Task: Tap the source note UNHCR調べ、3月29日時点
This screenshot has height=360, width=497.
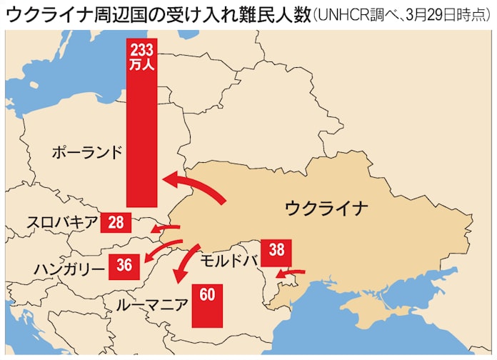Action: (400, 16)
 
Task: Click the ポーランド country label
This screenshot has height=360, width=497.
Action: (87, 152)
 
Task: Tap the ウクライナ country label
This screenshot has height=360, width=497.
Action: (326, 208)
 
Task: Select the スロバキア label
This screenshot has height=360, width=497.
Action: (61, 222)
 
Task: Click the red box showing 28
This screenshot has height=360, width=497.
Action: (116, 222)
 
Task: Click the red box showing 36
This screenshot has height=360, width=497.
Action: (124, 265)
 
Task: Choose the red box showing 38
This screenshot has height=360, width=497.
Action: (277, 250)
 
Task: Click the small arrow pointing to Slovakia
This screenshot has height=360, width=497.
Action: (166, 228)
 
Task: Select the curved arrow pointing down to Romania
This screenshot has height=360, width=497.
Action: (184, 264)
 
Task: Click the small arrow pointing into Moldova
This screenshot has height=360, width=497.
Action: (291, 271)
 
